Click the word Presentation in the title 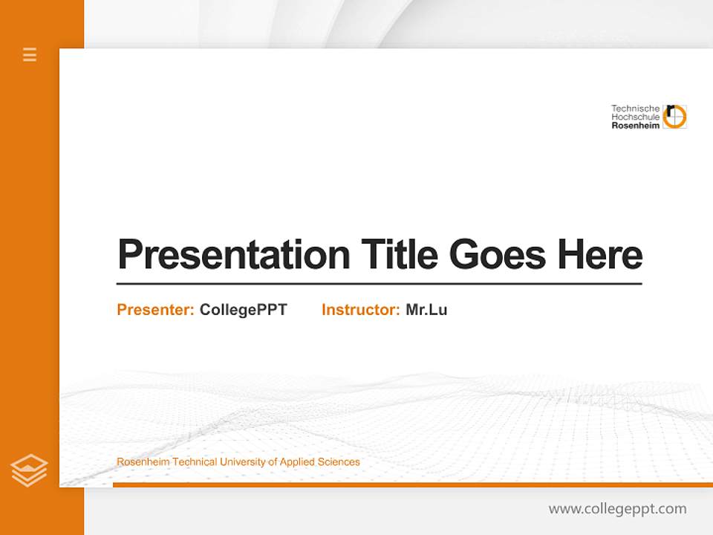(233, 254)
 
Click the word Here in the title (599, 254)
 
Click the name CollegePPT (243, 310)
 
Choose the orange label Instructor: (360, 310)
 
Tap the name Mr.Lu (426, 310)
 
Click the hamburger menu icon (30, 54)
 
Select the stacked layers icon (29, 470)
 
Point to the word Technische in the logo (635, 108)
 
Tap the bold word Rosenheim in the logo (635, 126)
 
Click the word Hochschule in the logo (635, 117)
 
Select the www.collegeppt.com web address (617, 509)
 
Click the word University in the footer (244, 462)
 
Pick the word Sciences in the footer (339, 462)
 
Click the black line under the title (379, 283)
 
